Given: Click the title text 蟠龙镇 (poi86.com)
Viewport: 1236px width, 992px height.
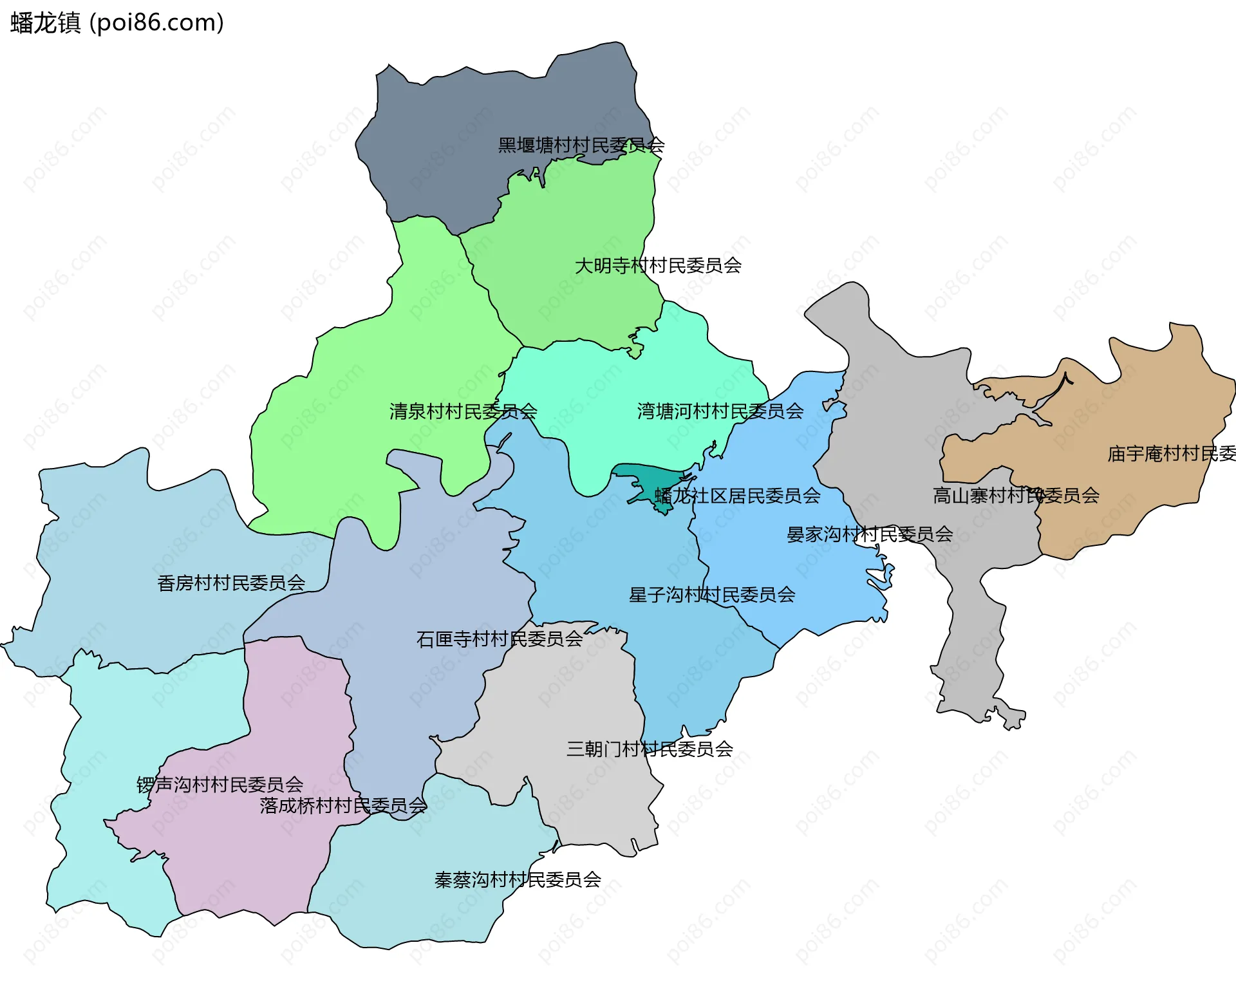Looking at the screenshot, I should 117,23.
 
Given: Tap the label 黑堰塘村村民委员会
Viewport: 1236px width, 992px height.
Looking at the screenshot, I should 581,145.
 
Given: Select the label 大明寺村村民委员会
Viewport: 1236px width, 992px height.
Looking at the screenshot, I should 657,265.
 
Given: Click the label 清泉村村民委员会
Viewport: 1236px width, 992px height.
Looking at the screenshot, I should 463,411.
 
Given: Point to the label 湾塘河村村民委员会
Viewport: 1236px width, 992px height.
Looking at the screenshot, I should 720,411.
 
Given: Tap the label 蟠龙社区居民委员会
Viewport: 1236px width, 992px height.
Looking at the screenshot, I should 737,496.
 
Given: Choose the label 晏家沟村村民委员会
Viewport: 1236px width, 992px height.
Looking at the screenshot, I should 869,534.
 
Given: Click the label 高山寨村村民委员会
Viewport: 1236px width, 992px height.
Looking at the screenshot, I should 1015,496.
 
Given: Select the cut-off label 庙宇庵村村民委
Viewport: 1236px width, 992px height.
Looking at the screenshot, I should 1170,454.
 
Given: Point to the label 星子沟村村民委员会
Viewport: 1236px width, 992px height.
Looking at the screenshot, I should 711,595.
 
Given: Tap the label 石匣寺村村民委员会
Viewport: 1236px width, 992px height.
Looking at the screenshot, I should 499,639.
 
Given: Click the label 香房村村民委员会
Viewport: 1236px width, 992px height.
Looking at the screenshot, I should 231,583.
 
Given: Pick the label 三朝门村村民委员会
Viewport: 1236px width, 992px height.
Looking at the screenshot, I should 649,749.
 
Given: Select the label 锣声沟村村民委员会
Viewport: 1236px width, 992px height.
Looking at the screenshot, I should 220,785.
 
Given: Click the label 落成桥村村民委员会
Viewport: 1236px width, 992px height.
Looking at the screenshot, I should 342,806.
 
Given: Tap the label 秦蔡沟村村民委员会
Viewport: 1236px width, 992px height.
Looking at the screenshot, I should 518,880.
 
